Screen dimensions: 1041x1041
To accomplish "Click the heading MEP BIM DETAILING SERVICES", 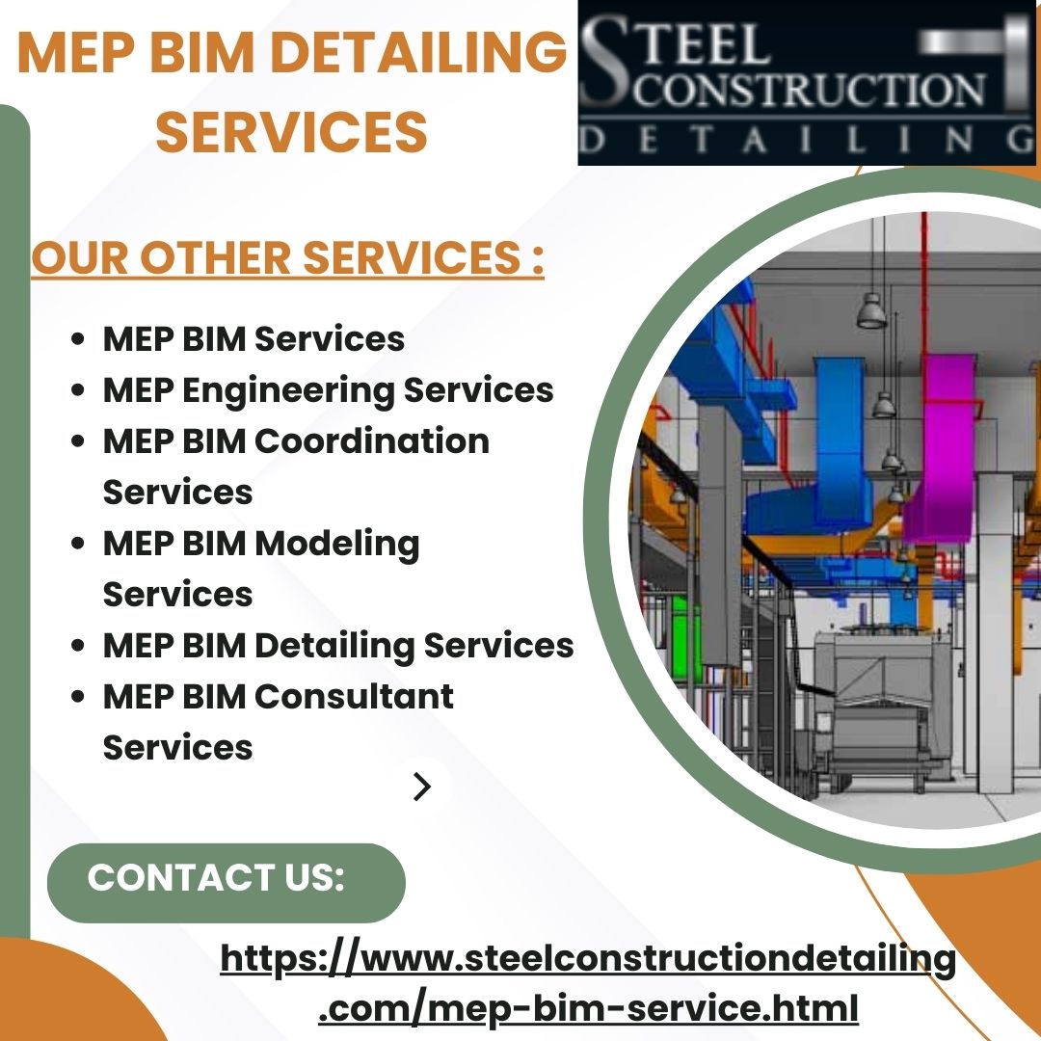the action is pyautogui.click(x=291, y=93).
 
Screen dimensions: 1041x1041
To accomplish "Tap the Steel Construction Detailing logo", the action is pyautogui.click(x=808, y=84).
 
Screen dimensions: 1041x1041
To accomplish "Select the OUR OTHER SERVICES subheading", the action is pyautogui.click(x=287, y=257).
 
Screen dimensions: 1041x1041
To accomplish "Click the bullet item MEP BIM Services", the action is pyautogui.click(x=254, y=339).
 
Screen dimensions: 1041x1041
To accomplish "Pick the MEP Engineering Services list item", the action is pyautogui.click(x=328, y=390).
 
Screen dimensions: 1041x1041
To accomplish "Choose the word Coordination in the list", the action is pyautogui.click(x=371, y=441).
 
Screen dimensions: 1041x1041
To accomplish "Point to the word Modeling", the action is pyautogui.click(x=336, y=544).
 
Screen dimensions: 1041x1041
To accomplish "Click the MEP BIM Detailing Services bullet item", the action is pyautogui.click(x=337, y=645).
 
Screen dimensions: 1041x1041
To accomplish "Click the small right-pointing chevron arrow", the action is pyautogui.click(x=421, y=787).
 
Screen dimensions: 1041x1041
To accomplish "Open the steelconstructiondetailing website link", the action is pyautogui.click(x=588, y=983).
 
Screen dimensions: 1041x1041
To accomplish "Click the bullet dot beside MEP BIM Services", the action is pyautogui.click(x=80, y=340).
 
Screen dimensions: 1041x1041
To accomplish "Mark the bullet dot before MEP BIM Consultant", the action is pyautogui.click(x=80, y=697).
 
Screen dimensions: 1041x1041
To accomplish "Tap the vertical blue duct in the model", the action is pyautogui.click(x=842, y=424).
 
